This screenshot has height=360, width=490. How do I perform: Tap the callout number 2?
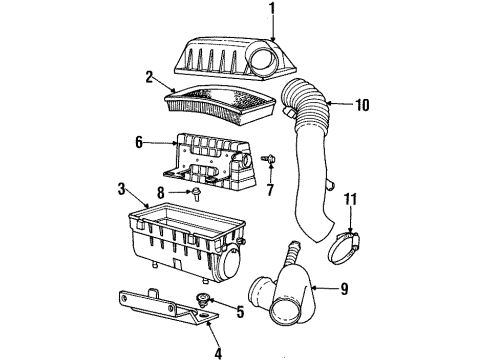tap(147, 75)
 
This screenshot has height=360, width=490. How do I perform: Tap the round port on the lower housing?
tap(227, 266)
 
